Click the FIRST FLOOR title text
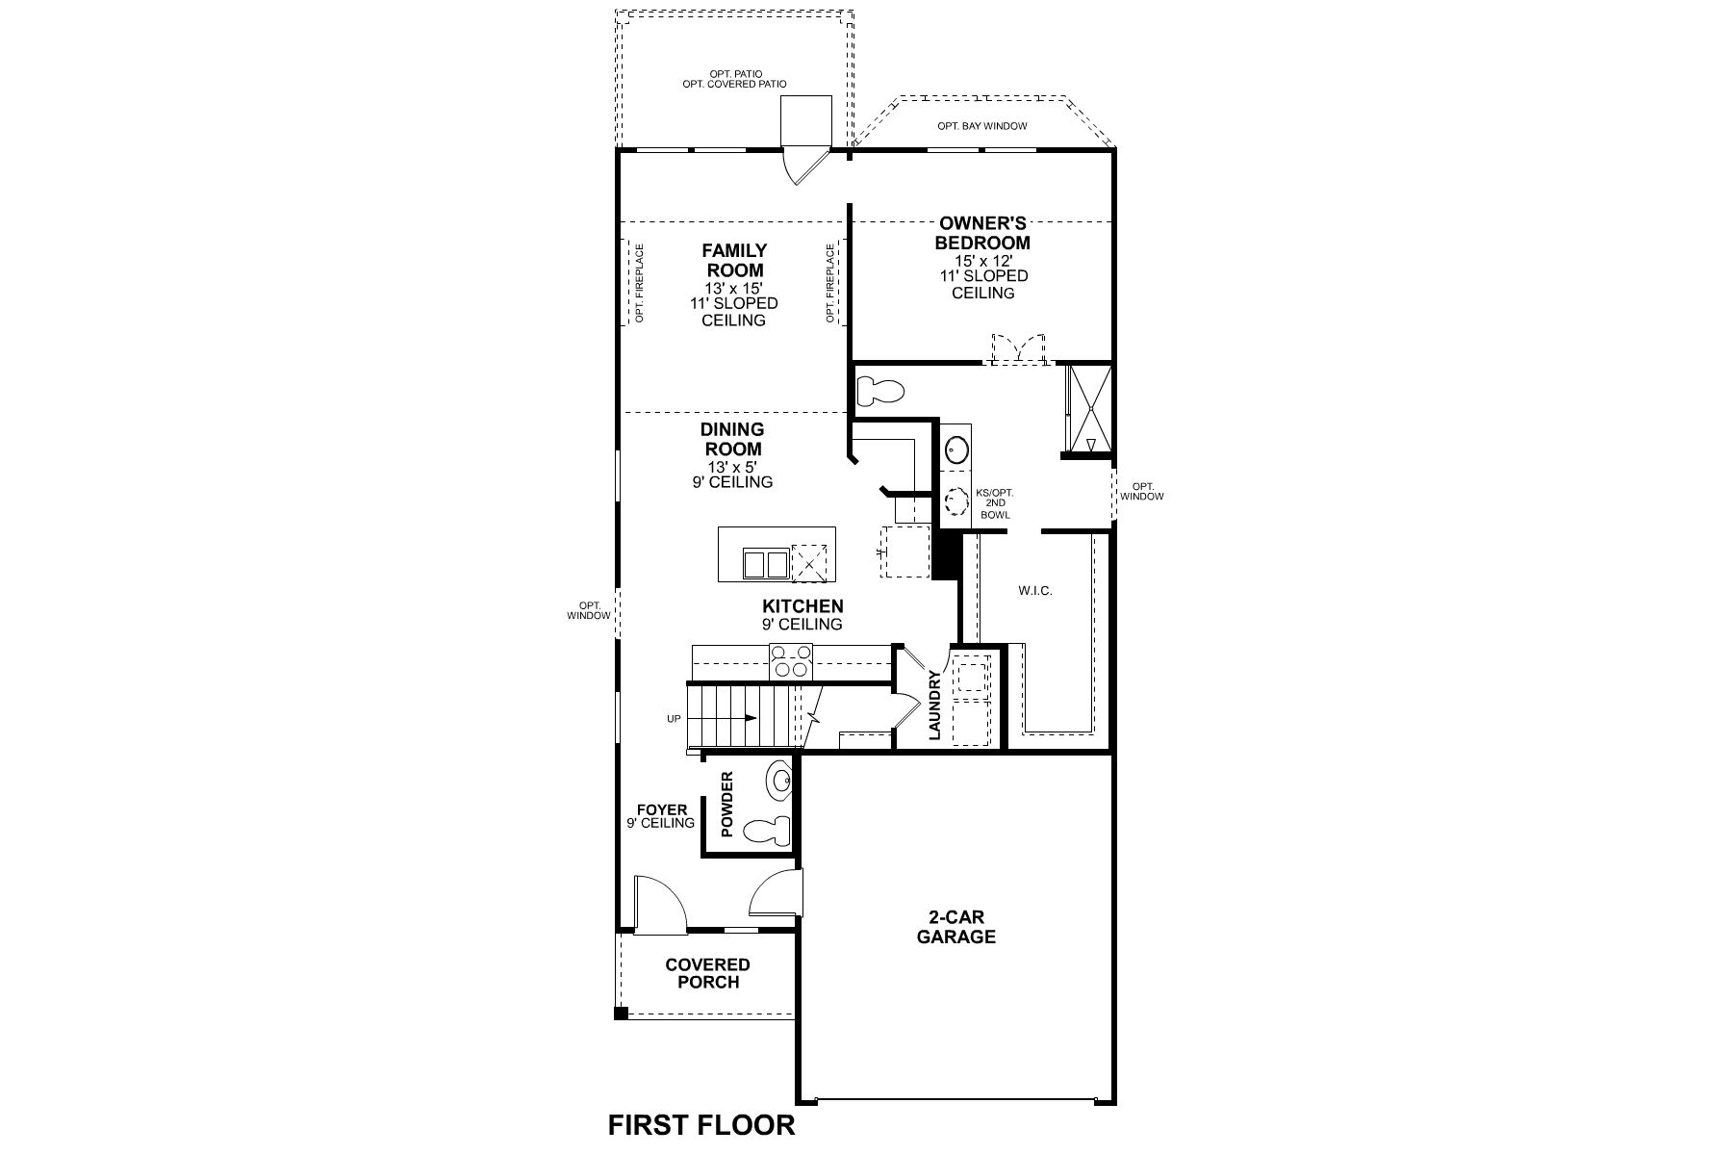(x=701, y=1124)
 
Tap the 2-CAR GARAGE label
(x=955, y=927)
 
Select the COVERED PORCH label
(x=707, y=973)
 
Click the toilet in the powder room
(x=769, y=829)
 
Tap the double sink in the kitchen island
(x=765, y=564)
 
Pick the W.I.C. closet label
(x=1035, y=590)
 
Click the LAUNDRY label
(x=934, y=706)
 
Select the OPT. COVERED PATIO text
(x=734, y=84)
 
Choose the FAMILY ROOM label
(x=733, y=261)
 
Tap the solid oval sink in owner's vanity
(x=956, y=448)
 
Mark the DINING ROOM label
(x=731, y=439)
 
